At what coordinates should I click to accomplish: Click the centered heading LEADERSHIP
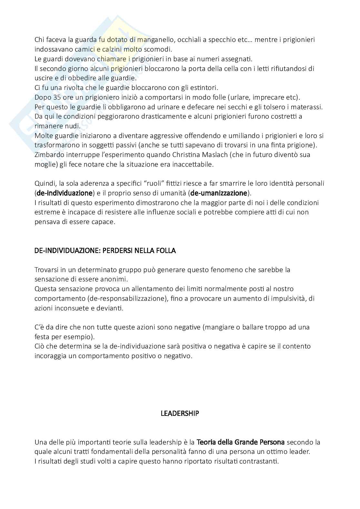pos(180,413)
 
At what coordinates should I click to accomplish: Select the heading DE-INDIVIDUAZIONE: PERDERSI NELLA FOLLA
pos(105,250)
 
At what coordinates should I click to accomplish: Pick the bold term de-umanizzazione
pos(219,193)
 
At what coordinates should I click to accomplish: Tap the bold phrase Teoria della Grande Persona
pos(240,442)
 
